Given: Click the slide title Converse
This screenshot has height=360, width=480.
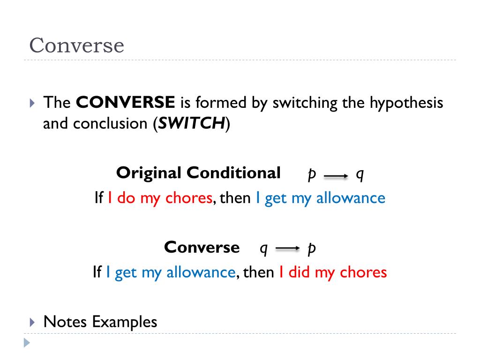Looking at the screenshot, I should tap(76, 45).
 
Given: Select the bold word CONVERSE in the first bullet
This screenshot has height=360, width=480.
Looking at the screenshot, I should tap(126, 102).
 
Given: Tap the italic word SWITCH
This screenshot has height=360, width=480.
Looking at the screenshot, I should tap(191, 124).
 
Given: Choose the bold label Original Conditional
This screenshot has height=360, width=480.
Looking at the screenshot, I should tap(198, 173).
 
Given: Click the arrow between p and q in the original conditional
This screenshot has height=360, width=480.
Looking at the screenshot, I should tap(336, 176).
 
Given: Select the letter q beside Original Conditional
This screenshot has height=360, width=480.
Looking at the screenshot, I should tap(360, 174).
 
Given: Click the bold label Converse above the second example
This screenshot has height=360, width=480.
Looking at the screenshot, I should tap(202, 247).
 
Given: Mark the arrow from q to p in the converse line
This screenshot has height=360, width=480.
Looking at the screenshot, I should tap(287, 249).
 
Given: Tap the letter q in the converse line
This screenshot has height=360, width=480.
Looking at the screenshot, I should tap(263, 248).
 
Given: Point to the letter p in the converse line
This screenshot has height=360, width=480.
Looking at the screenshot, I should tap(311, 248).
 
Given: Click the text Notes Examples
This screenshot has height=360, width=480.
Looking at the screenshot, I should tap(100, 322).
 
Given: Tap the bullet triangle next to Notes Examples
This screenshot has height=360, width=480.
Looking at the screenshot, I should tap(32, 322).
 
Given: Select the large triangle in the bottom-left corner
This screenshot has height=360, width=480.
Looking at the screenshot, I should tap(27, 343).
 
